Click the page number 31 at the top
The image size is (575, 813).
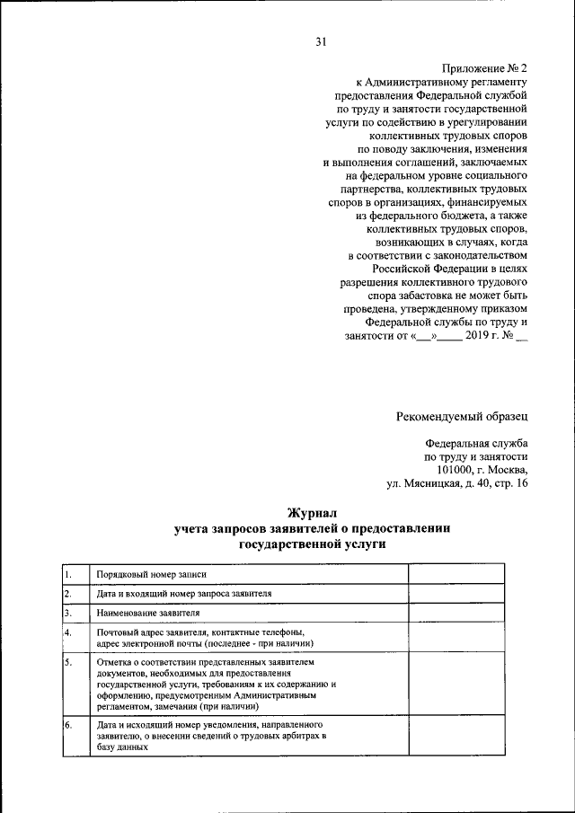click(x=323, y=40)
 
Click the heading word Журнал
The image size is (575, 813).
click(x=311, y=513)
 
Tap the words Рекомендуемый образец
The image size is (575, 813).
click(x=463, y=415)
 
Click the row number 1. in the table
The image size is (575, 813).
click(x=67, y=573)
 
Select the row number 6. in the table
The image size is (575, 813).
click(x=67, y=723)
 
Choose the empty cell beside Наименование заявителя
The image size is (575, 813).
click(x=458, y=613)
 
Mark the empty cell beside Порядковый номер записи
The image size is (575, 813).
click(x=458, y=573)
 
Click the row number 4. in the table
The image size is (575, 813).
click(x=67, y=632)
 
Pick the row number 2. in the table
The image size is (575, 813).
click(x=67, y=593)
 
